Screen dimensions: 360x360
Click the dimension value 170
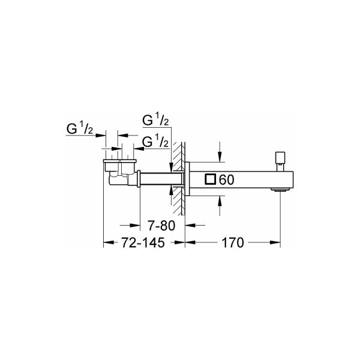pos(231,243)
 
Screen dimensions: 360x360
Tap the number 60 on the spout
pos(227,179)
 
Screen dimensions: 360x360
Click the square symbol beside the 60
pos(210,179)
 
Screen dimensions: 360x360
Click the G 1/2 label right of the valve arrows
pos(155,141)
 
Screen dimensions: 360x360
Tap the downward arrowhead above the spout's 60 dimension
pos(219,157)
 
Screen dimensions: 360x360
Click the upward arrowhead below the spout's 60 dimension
pos(219,202)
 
